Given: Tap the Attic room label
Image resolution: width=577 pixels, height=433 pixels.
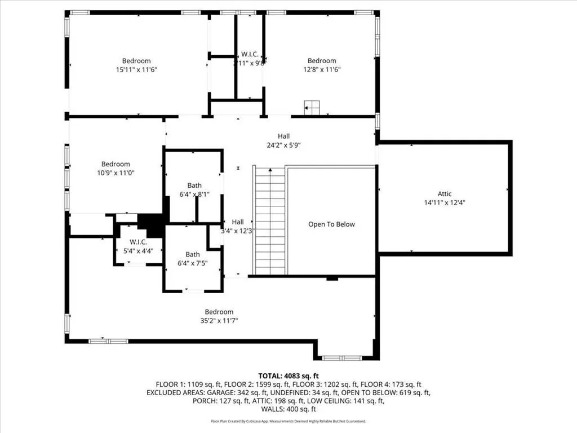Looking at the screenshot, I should pyautogui.click(x=445, y=194).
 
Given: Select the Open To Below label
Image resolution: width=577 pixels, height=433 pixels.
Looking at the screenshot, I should pyautogui.click(x=331, y=224).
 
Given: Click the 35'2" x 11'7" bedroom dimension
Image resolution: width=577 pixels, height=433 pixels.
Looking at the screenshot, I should pyautogui.click(x=219, y=321).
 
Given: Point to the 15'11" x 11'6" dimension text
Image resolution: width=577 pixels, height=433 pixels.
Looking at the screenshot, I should pyautogui.click(x=136, y=69).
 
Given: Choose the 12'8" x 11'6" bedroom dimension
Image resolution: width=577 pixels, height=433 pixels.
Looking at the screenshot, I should pyautogui.click(x=321, y=69).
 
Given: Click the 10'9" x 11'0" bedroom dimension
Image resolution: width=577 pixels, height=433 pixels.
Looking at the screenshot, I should pyautogui.click(x=116, y=173).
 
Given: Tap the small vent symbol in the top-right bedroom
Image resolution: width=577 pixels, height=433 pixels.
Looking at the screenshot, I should pyautogui.click(x=312, y=107).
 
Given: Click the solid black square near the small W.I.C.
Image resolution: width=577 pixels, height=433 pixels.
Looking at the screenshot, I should pyautogui.click(x=150, y=225).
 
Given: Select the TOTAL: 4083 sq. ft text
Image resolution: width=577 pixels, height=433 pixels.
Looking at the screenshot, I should pyautogui.click(x=288, y=375).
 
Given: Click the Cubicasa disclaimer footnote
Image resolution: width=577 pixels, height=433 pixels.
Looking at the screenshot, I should pyautogui.click(x=288, y=421).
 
